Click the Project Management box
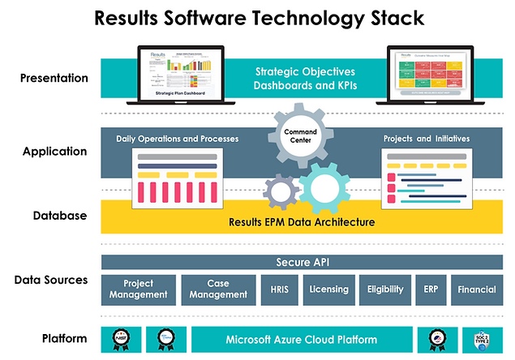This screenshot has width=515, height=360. click(138, 289)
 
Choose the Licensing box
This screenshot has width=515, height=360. click(328, 289)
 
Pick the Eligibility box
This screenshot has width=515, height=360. click(384, 289)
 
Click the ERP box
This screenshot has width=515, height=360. click(430, 289)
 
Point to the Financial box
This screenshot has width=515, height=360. click(476, 289)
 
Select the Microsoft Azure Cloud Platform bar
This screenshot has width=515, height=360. click(302, 339)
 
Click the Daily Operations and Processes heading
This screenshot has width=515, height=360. click(178, 139)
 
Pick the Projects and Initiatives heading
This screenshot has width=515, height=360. click(426, 139)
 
